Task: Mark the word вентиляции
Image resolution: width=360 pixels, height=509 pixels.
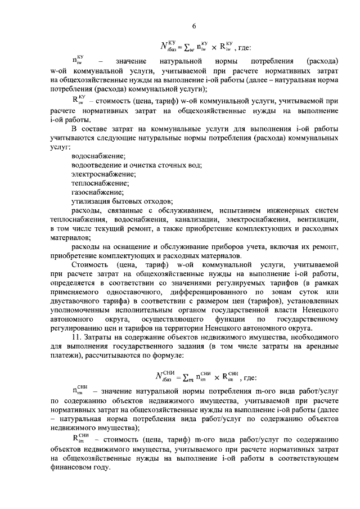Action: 318,219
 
